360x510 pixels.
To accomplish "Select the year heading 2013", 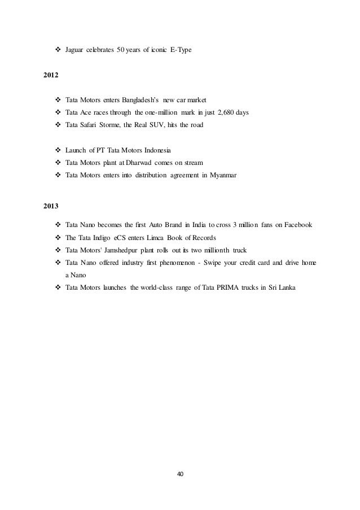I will pos(51,206).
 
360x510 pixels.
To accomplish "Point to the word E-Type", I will pos(181,50).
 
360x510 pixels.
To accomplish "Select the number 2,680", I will pos(224,112).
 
